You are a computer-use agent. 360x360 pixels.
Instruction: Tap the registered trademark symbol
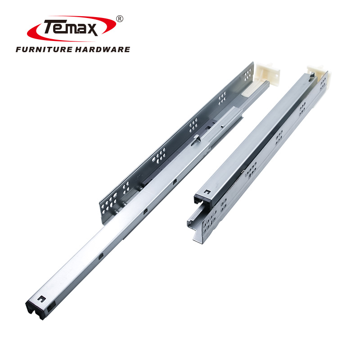(119, 19)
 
